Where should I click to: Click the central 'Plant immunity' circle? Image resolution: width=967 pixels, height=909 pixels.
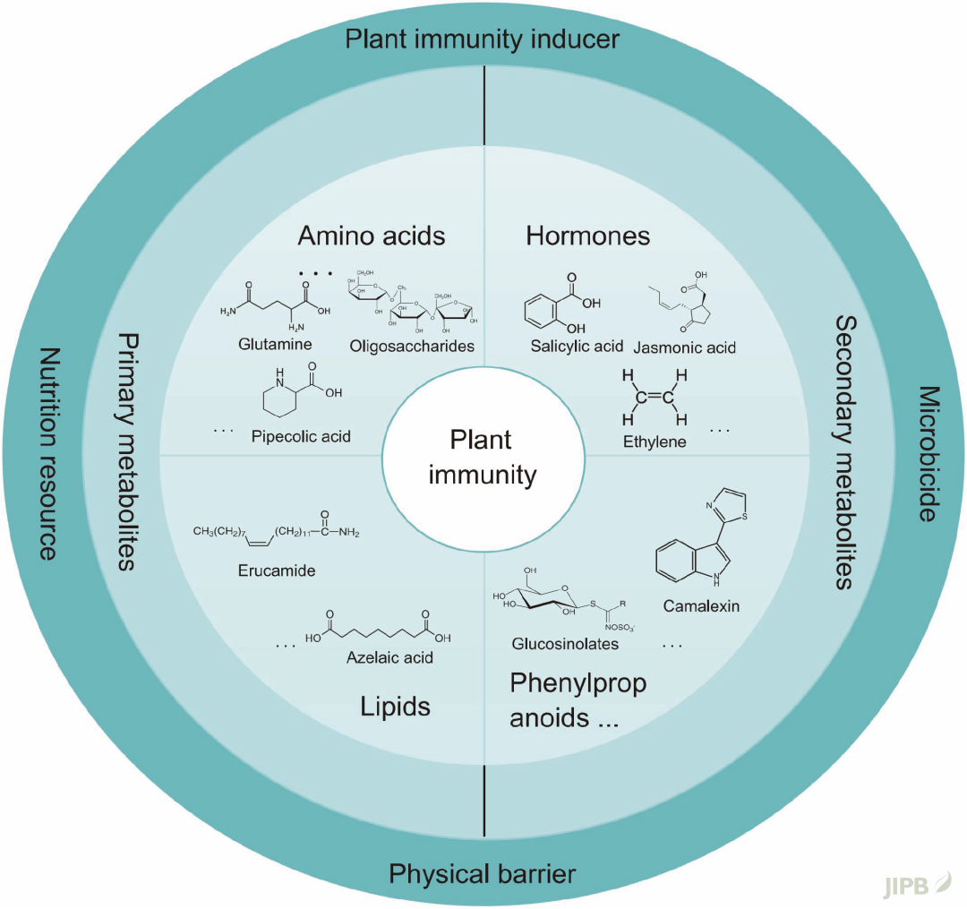click(x=481, y=456)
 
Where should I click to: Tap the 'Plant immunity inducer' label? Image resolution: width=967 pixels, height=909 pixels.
click(x=483, y=40)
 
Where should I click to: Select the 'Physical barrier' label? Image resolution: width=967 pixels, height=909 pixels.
click(x=483, y=873)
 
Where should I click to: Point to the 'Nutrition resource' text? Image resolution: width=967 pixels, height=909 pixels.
click(x=46, y=454)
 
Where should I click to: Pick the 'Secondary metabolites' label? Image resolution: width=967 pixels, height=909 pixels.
click(x=843, y=452)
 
